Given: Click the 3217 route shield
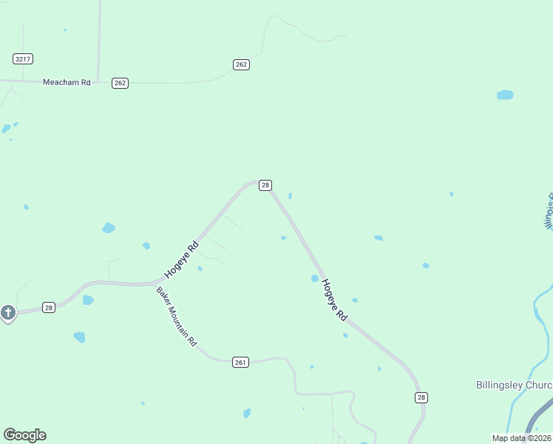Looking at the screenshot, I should (x=23, y=58).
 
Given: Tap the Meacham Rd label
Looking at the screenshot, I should (x=67, y=83).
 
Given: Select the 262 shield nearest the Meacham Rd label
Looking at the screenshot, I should (x=121, y=83).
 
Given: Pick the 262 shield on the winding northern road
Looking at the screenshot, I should (x=241, y=64).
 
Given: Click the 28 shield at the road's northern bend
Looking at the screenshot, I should (x=265, y=185).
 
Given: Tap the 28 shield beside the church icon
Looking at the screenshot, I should (x=48, y=307).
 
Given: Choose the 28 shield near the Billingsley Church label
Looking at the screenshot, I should (x=421, y=397).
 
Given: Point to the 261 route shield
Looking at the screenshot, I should (x=240, y=362).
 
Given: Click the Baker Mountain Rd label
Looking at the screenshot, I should (x=177, y=317).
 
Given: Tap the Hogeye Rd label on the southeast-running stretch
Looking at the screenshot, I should (x=335, y=300).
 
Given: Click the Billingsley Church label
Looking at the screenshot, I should (x=513, y=386).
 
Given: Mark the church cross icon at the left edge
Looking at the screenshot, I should (x=8, y=313).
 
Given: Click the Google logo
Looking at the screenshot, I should (x=24, y=435).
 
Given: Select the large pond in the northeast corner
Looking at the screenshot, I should (x=505, y=95).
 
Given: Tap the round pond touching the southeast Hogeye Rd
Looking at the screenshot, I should (x=315, y=278).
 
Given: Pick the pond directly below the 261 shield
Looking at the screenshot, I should (x=247, y=413).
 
